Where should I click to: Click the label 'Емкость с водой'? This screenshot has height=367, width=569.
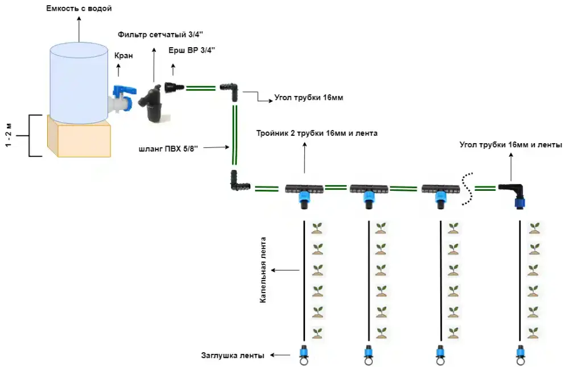point(79,9)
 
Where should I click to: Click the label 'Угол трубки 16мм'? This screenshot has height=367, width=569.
point(309,98)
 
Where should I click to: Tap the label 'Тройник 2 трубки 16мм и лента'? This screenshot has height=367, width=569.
point(317,134)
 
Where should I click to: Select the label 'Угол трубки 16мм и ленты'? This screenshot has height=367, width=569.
point(511,145)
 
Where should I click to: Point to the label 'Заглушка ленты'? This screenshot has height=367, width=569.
point(233,356)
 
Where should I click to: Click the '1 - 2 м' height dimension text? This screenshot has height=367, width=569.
point(9,136)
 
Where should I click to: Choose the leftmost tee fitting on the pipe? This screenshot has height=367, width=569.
point(304,191)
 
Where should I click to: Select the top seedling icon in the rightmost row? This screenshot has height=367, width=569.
point(534,228)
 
